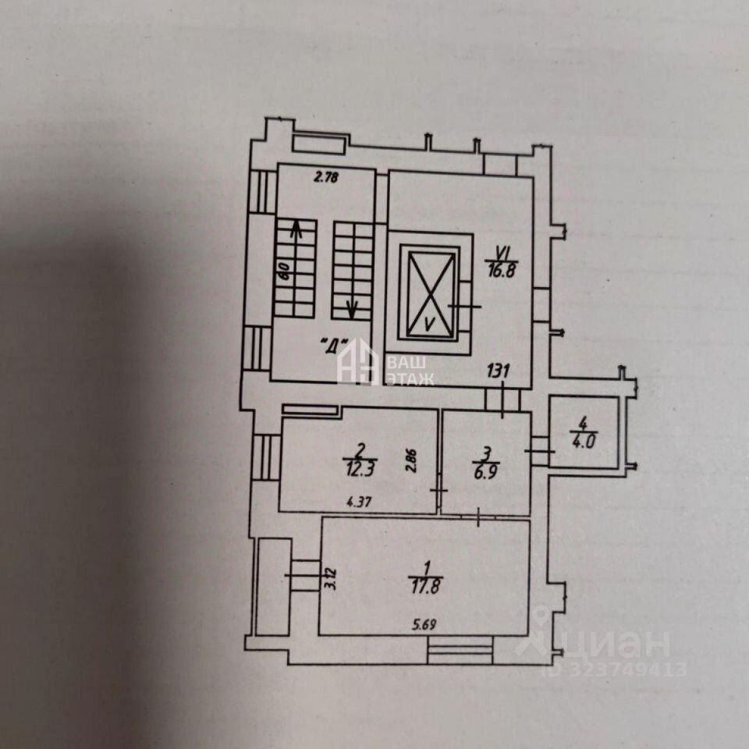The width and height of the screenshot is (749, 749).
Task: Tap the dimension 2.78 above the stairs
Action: click(x=326, y=177)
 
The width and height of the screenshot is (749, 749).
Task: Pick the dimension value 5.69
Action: click(x=425, y=623)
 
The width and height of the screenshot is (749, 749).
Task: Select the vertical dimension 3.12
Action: click(x=330, y=579)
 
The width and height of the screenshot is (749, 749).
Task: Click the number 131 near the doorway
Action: click(x=498, y=372)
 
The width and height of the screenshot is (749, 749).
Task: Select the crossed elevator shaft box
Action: click(x=429, y=293)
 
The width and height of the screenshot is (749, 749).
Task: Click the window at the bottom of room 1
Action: click(x=461, y=649)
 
